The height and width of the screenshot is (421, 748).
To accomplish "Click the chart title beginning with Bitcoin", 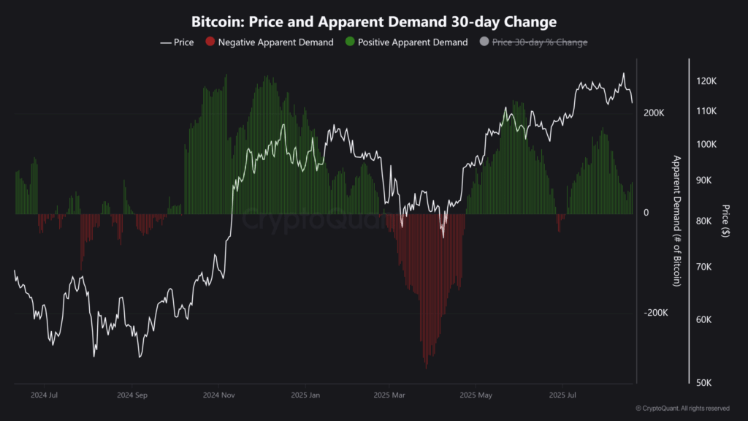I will coord(373,21).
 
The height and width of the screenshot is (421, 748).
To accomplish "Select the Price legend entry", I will coord(177,42).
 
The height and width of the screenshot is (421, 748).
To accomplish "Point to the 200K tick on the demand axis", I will coord(654,113).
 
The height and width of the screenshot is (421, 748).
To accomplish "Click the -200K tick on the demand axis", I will coord(655,313).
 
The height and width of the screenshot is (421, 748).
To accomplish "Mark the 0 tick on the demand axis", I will coord(646,213).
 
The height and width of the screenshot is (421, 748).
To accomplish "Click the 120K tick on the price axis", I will coord(706,82).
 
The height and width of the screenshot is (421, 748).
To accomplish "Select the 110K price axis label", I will coord(706,111).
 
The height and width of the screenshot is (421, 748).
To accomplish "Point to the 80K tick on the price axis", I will coord(706,221).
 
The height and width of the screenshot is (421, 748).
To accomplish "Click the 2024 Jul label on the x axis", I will coord(45,395).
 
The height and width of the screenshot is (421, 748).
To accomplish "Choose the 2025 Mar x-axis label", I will coord(389,395).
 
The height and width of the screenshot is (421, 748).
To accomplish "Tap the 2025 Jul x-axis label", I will coord(562,395).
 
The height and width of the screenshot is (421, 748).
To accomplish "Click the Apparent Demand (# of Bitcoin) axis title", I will coord(676,220).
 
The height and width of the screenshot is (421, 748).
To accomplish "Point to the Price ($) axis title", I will coord(724,221).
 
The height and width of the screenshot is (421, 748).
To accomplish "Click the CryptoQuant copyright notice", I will coord(682,409).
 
